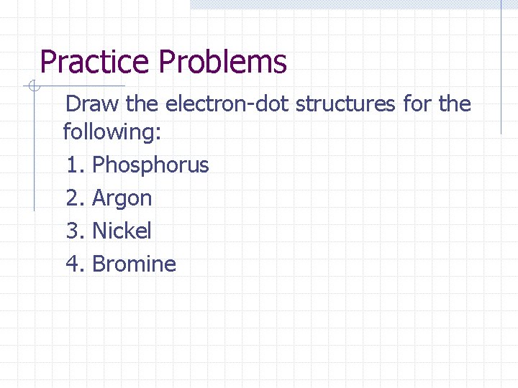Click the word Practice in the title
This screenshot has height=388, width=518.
(96, 63)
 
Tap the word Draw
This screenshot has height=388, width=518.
(92, 104)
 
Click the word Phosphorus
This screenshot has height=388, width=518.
(150, 165)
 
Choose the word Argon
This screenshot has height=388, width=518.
(122, 198)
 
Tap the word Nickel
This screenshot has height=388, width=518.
(122, 231)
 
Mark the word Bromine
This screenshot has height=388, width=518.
(134, 264)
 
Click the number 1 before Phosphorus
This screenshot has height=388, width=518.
(72, 165)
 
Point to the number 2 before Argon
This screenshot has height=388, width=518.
(72, 198)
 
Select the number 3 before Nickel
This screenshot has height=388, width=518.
(72, 231)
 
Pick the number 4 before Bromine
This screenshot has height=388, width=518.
(72, 264)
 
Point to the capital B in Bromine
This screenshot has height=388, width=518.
(99, 264)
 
